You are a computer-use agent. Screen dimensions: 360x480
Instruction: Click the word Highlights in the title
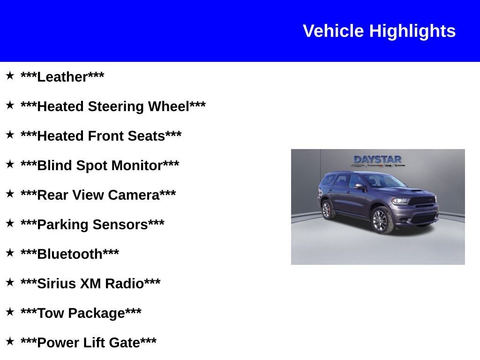coord(412,31)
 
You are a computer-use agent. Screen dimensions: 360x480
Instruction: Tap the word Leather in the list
coord(62,77)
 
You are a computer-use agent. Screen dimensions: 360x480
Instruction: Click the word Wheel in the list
coord(168,106)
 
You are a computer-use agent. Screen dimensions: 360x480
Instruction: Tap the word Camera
coord(135,195)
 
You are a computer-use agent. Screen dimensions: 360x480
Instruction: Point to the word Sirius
coord(57,284)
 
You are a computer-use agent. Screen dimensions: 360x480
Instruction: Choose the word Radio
coord(124,284)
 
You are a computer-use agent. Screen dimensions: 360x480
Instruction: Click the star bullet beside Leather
coord(10,75)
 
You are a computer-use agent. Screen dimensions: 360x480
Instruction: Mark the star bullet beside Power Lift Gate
coord(10,341)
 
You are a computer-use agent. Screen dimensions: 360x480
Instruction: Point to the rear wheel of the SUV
coord(326,209)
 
